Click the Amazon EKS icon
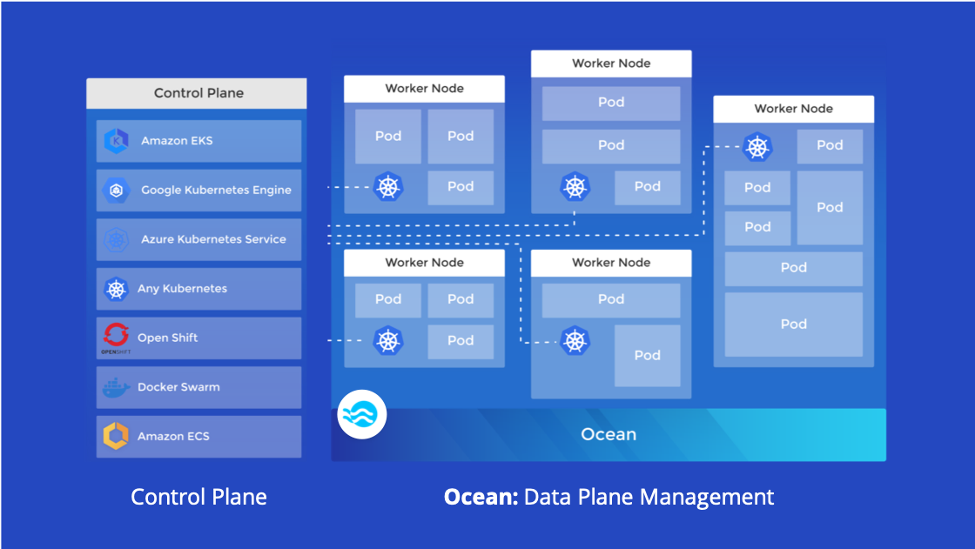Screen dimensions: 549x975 (116, 140)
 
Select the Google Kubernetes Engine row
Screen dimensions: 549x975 (198, 190)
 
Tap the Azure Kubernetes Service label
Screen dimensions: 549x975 (213, 239)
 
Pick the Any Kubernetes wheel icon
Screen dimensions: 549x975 (116, 289)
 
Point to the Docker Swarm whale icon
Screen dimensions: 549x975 (116, 387)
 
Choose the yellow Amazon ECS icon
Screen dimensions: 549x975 (116, 436)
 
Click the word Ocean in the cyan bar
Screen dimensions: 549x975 (609, 434)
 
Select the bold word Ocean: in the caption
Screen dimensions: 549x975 (481, 497)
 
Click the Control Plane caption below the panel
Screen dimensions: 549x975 (198, 497)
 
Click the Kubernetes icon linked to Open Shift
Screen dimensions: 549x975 (388, 340)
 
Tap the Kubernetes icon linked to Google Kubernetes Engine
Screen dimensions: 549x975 (388, 186)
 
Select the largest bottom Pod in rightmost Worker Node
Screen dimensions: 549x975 (793, 324)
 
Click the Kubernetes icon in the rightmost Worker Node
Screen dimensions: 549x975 (757, 146)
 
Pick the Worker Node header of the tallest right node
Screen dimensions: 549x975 (793, 109)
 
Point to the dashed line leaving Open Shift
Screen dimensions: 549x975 (348, 340)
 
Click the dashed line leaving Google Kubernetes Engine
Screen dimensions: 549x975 (348, 187)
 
